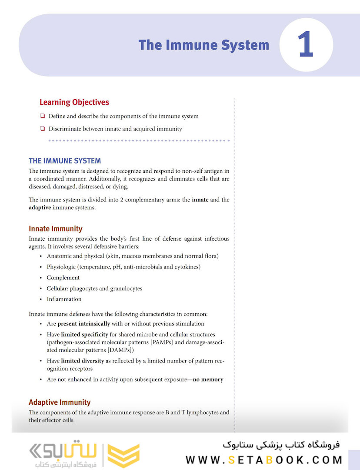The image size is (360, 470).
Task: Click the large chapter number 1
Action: point(306,45)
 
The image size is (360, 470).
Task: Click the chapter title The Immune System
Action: point(204,45)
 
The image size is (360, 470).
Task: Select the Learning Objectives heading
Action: point(74,102)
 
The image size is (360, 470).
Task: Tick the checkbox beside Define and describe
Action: point(42,116)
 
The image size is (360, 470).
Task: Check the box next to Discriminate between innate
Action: point(42,129)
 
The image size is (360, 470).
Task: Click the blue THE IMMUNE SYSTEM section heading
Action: point(65,161)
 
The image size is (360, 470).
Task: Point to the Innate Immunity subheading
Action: point(56,228)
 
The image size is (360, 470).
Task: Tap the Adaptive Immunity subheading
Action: point(60,402)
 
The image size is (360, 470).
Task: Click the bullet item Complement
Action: point(63,278)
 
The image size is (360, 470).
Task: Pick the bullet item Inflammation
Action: point(64,299)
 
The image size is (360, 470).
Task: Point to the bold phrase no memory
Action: point(208,379)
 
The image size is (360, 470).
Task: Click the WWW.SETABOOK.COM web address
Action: point(264,460)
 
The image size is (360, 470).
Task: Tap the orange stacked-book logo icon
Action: point(123,455)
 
